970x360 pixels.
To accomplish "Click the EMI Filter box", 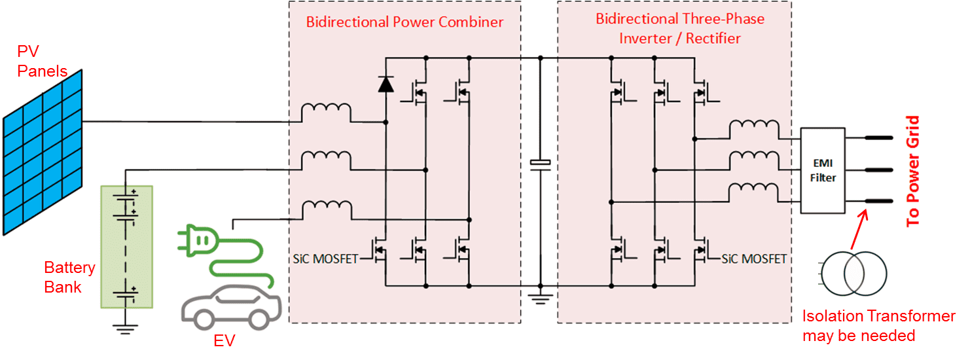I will (x=823, y=170).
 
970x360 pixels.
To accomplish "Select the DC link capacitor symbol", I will (x=541, y=162).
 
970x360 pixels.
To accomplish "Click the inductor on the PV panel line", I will (x=326, y=113).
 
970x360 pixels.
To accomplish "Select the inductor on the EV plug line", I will (x=326, y=209).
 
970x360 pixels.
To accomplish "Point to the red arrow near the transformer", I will (x=859, y=229).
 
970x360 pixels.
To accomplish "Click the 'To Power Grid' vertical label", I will (x=913, y=171).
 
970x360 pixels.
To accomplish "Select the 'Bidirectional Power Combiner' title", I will (x=404, y=22).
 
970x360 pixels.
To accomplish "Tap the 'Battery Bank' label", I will (x=69, y=277).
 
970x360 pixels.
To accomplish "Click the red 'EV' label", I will (x=223, y=341).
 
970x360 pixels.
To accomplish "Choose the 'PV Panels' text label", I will (x=42, y=62).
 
